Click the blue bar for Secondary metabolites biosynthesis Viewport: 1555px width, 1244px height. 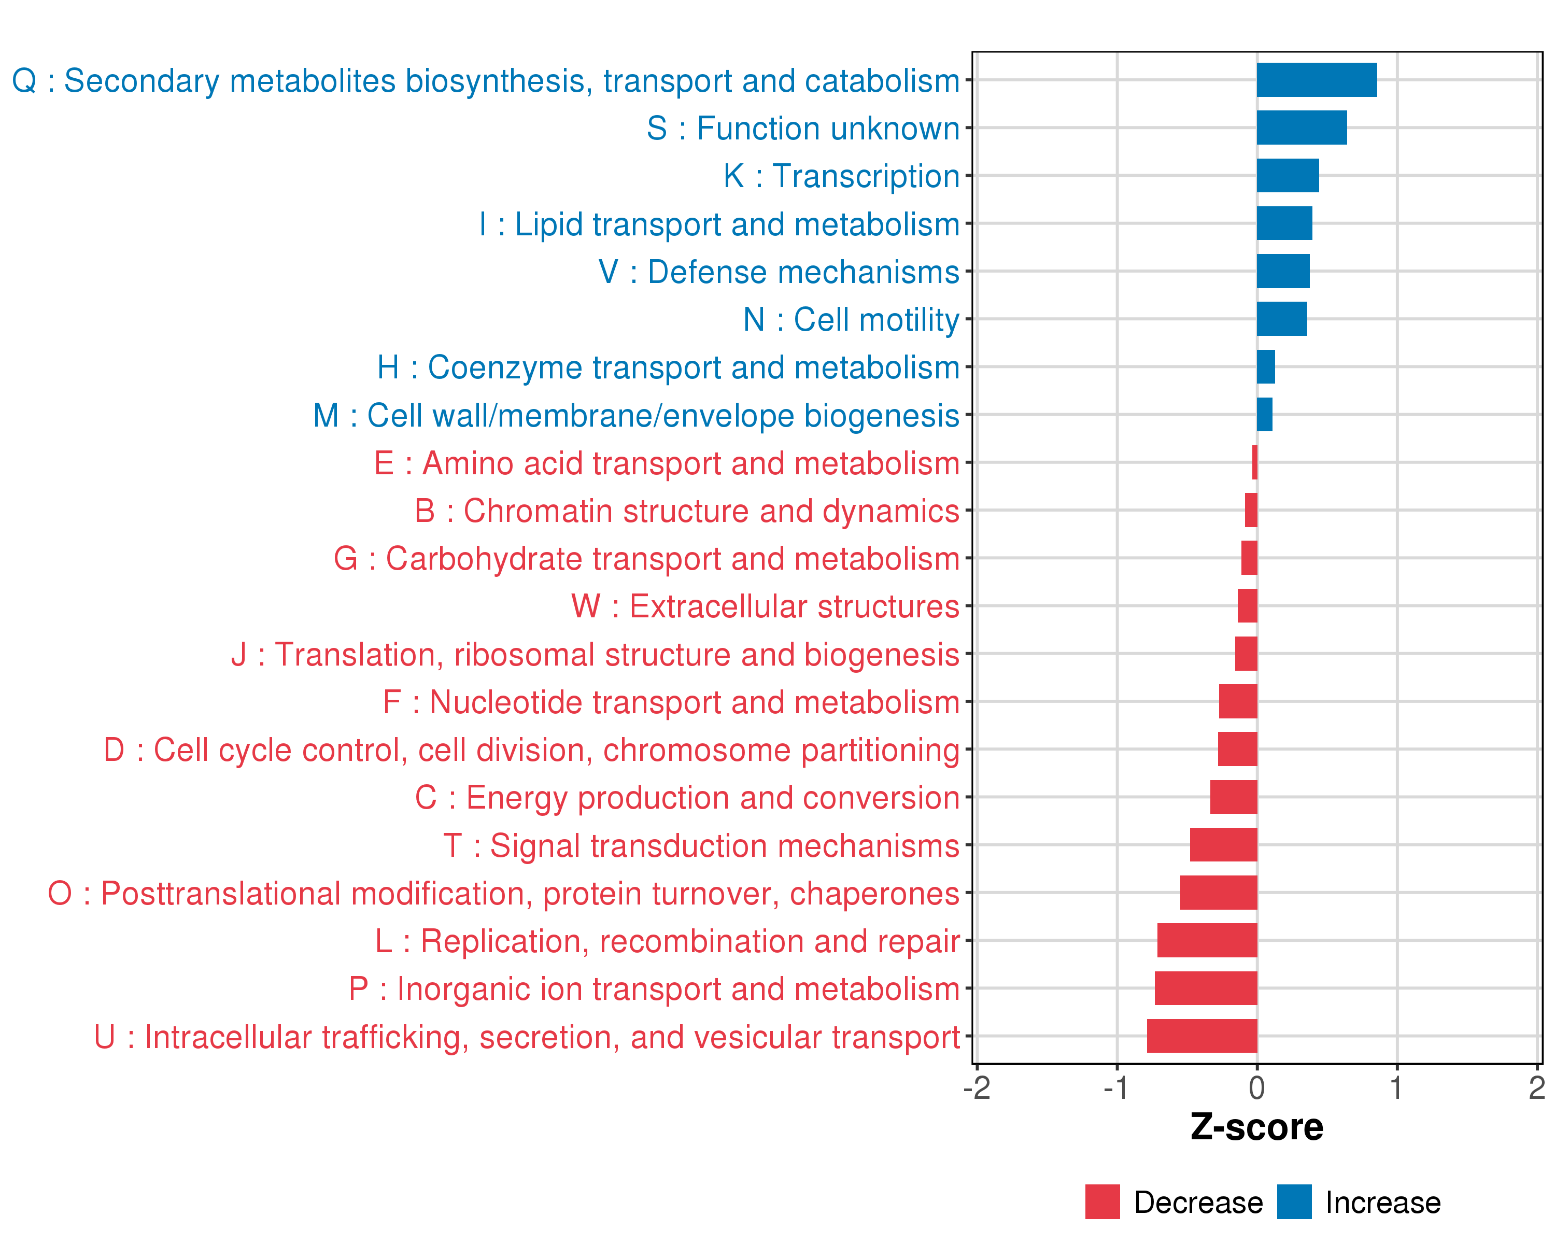pos(1316,80)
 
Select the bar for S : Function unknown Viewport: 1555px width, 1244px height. pos(1301,128)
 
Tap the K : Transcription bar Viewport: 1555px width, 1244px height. pos(1288,176)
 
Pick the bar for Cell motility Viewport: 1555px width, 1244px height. pos(1282,319)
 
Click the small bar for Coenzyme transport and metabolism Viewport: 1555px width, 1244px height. pos(1266,367)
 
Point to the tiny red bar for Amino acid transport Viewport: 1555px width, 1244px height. pos(1255,462)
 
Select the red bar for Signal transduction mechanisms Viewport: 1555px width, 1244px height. pos(1223,844)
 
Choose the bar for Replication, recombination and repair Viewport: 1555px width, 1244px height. pos(1207,940)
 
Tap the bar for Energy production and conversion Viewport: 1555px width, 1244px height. pos(1233,797)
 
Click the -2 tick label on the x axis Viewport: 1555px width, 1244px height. pos(977,1087)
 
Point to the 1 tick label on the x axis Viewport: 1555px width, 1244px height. pos(1396,1087)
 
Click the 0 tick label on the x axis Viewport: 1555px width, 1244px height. pos(1256,1087)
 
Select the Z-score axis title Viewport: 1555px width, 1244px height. pos(1256,1127)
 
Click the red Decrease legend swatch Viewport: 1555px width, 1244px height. pos(1102,1202)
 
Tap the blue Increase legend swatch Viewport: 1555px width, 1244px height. pos(1294,1202)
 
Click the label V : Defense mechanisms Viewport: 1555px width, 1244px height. pos(779,272)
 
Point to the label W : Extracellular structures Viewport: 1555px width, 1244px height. pos(765,606)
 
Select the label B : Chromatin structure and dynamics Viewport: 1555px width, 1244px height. pos(687,511)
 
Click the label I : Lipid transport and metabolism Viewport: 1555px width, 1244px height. pos(719,224)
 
